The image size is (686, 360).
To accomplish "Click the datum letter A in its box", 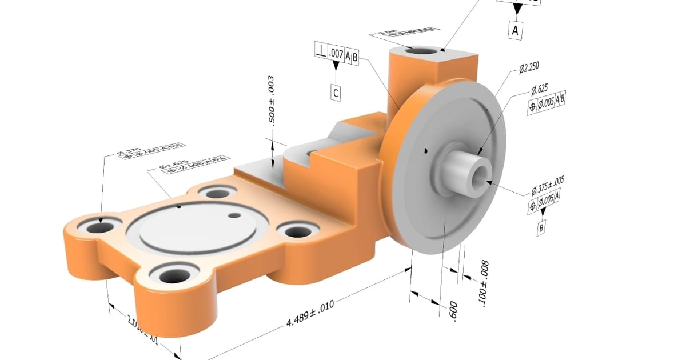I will [x=516, y=30].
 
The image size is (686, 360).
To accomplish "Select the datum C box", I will [x=336, y=93].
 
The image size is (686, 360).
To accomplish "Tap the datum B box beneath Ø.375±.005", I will [x=541, y=230].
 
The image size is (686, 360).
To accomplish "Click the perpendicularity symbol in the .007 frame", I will [x=321, y=50].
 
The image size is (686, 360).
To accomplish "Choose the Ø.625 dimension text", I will [x=539, y=89].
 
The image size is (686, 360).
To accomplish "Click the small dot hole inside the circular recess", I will [x=234, y=215].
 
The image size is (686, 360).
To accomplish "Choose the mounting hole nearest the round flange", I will [x=297, y=231].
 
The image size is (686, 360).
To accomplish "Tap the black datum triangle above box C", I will [x=336, y=67].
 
